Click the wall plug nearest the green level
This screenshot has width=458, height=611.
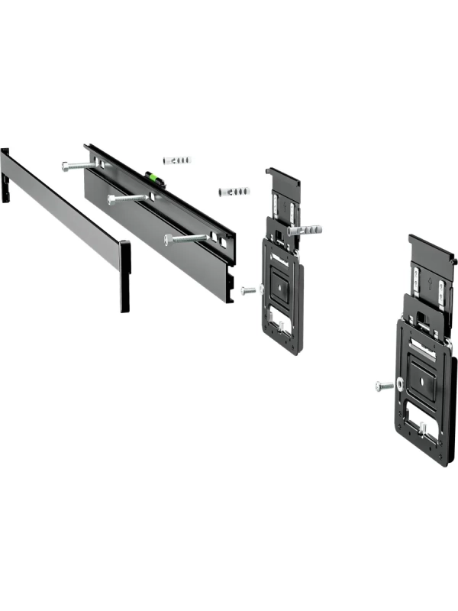(177, 160)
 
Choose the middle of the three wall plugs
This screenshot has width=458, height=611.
(234, 190)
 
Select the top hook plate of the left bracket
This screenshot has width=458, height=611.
(282, 180)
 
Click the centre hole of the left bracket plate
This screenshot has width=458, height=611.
(280, 287)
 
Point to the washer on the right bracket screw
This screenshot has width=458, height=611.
(399, 385)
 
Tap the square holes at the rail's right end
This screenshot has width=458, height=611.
(222, 242)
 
